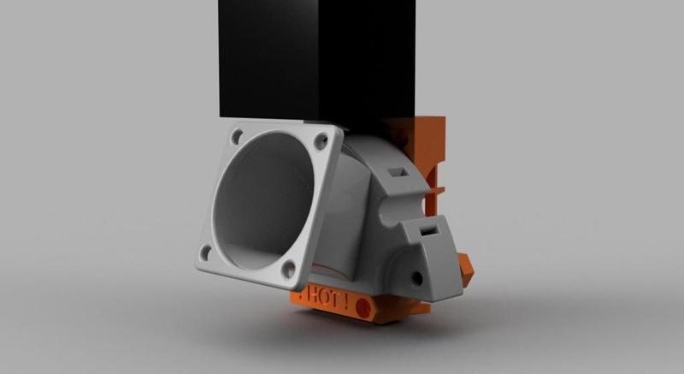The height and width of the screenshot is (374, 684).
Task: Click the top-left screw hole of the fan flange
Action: (x=236, y=134)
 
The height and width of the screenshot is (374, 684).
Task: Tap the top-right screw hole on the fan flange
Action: (x=325, y=140)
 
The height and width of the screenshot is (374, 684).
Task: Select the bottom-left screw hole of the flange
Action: (x=205, y=252)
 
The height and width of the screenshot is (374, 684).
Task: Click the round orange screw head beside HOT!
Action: (x=363, y=306)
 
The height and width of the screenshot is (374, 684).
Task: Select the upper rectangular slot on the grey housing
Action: (x=398, y=172)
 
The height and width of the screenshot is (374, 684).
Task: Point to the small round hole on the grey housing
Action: (x=417, y=276)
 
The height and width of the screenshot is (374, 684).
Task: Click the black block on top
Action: (x=316, y=60)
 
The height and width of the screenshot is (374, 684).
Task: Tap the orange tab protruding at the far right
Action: (x=465, y=269)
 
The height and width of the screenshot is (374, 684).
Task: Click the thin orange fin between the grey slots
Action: (x=436, y=184)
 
